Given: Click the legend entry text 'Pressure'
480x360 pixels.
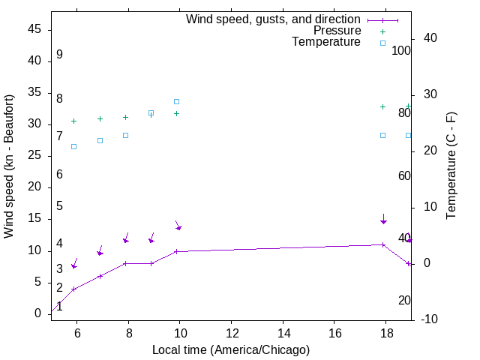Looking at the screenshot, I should [x=337, y=31].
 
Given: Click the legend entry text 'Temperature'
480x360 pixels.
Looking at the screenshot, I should [x=326, y=42].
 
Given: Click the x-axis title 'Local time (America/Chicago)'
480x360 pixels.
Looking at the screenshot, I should [x=231, y=349].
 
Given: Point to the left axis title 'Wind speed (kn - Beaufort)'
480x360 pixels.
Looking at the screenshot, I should [x=9, y=166].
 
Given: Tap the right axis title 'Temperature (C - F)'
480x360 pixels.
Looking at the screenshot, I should [x=451, y=166].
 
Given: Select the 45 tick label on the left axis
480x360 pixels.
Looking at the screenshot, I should [x=34, y=29].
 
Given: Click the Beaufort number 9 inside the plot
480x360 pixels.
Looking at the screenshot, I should [x=59, y=55].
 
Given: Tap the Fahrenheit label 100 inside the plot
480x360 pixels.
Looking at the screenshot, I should [x=402, y=51].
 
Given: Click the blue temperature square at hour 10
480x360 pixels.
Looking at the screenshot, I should [x=177, y=101].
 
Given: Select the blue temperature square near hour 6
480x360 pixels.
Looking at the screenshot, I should [x=73, y=146].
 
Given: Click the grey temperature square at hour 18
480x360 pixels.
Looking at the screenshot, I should [x=382, y=135].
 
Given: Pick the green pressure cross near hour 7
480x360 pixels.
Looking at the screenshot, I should [x=100, y=118].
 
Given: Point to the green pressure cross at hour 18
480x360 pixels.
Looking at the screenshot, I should [x=382, y=106].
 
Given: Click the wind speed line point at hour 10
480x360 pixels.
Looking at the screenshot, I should [x=177, y=251].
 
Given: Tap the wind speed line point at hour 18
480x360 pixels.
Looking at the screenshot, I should [x=382, y=244].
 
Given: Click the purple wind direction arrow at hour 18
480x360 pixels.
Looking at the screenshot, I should [x=383, y=220].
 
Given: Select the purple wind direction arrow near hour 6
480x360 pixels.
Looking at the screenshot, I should [x=74, y=264].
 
